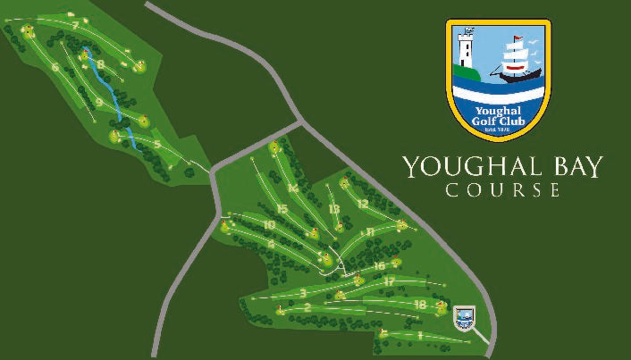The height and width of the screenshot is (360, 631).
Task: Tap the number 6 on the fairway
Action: [55, 67]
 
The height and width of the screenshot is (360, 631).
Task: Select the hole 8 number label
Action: [101, 64]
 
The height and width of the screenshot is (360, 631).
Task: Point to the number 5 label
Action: [156, 144]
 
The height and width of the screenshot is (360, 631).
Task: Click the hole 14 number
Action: [292, 188]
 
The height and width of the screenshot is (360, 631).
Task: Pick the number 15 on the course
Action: [282, 209]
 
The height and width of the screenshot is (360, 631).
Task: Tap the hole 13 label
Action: [334, 209]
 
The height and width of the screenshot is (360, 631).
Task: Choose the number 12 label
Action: [362, 204]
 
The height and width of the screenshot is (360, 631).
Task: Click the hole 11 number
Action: [369, 232]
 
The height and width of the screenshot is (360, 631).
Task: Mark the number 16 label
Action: [380, 265]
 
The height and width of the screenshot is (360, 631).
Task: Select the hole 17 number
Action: [389, 280]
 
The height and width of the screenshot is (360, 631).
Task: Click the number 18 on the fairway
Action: [420, 305]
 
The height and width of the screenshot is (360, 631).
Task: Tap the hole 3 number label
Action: [304, 292]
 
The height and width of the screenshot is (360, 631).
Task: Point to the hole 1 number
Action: [418, 335]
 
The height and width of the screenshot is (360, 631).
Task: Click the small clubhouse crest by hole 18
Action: [463, 316]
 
